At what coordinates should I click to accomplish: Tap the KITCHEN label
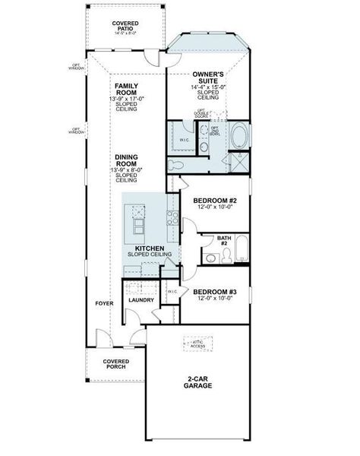pyautogui.click(x=150, y=249)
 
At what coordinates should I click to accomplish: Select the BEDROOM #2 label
pyautogui.click(x=214, y=202)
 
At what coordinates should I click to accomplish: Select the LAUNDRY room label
pyautogui.click(x=141, y=300)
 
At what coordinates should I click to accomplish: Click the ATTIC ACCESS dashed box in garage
pyautogui.click(x=196, y=344)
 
